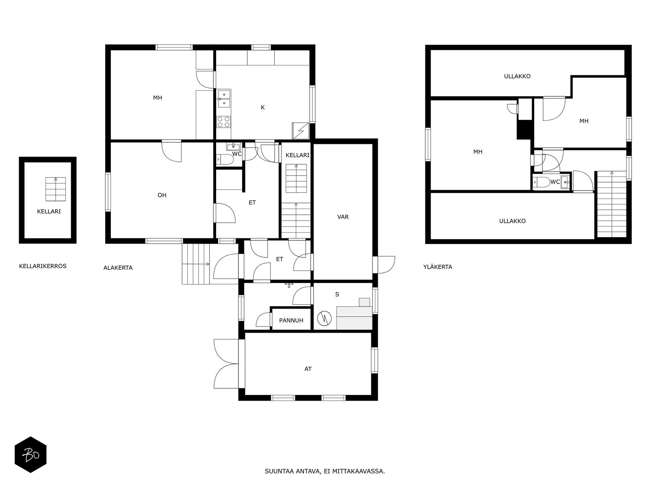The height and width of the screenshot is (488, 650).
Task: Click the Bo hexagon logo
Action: [x=30, y=455]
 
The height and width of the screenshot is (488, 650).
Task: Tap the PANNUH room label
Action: [x=291, y=320]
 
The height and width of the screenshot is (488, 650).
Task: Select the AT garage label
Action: [x=308, y=369]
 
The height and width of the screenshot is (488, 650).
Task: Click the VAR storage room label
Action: [x=343, y=217]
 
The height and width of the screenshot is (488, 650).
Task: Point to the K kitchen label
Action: [x=263, y=107]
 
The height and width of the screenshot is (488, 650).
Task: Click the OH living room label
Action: [x=162, y=195]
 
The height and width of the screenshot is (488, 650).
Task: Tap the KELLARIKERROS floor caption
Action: [x=43, y=266]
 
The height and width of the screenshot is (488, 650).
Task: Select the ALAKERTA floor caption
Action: [x=118, y=268]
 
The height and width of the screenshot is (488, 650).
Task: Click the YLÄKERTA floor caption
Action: [x=438, y=267]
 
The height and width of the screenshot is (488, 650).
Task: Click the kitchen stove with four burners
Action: [x=224, y=122]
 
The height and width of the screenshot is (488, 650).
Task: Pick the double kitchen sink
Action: [x=224, y=99]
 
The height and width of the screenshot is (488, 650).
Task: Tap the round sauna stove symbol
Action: [x=324, y=318]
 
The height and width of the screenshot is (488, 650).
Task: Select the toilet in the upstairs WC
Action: [x=541, y=182]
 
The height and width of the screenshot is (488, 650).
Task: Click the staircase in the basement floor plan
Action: [x=55, y=190]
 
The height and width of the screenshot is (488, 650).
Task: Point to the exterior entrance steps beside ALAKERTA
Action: [x=196, y=264]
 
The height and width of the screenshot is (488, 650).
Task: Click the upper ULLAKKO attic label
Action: [x=517, y=76]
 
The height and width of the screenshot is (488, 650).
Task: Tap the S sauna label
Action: [x=337, y=294]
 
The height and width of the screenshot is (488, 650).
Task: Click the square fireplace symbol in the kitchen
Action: [x=301, y=131]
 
